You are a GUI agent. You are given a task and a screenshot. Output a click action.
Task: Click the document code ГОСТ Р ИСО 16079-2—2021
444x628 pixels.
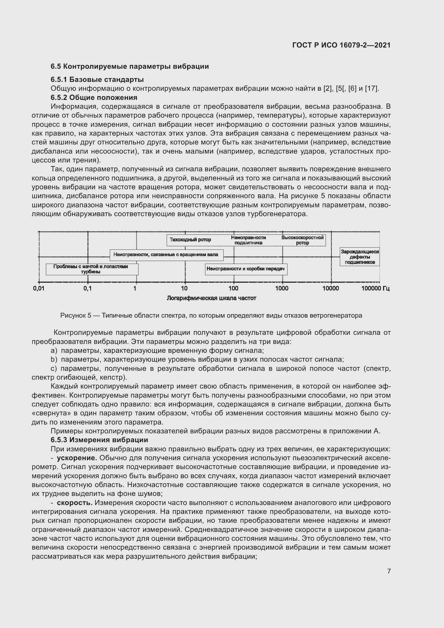pyautogui.click(x=341, y=45)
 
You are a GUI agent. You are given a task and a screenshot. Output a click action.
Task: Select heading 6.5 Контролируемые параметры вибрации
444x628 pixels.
pyautogui.click(x=130, y=67)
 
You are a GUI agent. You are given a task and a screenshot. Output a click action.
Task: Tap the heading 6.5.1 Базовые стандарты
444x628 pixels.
pyautogui.click(x=97, y=79)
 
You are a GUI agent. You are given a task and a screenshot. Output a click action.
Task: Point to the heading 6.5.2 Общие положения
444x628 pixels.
pyautogui.click(x=94, y=98)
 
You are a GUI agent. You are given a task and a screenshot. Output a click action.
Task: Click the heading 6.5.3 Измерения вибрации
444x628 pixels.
pyautogui.click(x=99, y=440)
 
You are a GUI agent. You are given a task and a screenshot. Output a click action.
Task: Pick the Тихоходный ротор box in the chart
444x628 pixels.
pyautogui.click(x=190, y=240)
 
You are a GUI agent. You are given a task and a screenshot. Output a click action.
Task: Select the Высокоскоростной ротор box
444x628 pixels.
pyautogui.click(x=302, y=240)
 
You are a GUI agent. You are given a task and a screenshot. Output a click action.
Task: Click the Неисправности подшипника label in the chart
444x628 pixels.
pyautogui.click(x=248, y=240)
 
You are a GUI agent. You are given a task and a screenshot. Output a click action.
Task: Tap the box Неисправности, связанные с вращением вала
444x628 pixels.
pyautogui.click(x=166, y=255)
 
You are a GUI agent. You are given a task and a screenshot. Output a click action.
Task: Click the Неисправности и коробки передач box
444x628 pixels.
pyautogui.click(x=246, y=269)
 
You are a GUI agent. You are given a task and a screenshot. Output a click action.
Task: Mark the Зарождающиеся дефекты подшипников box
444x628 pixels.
pyautogui.click(x=359, y=257)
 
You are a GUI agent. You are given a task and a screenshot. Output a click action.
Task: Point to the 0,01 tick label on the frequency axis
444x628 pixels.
pyautogui.click(x=39, y=288)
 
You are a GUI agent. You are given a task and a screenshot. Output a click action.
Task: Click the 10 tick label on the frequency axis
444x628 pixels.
pyautogui.click(x=184, y=288)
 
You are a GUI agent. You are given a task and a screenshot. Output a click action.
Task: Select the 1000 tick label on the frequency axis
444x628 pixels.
pyautogui.click(x=282, y=288)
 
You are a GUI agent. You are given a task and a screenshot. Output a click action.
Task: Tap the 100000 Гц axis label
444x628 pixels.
pyautogui.click(x=375, y=288)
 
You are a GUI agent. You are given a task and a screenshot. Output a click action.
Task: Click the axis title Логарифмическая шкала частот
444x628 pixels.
pyautogui.click(x=211, y=298)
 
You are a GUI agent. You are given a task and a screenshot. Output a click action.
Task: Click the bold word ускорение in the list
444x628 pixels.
pyautogui.click(x=77, y=458)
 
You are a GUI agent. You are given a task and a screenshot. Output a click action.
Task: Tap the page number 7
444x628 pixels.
pyautogui.click(x=389, y=571)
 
